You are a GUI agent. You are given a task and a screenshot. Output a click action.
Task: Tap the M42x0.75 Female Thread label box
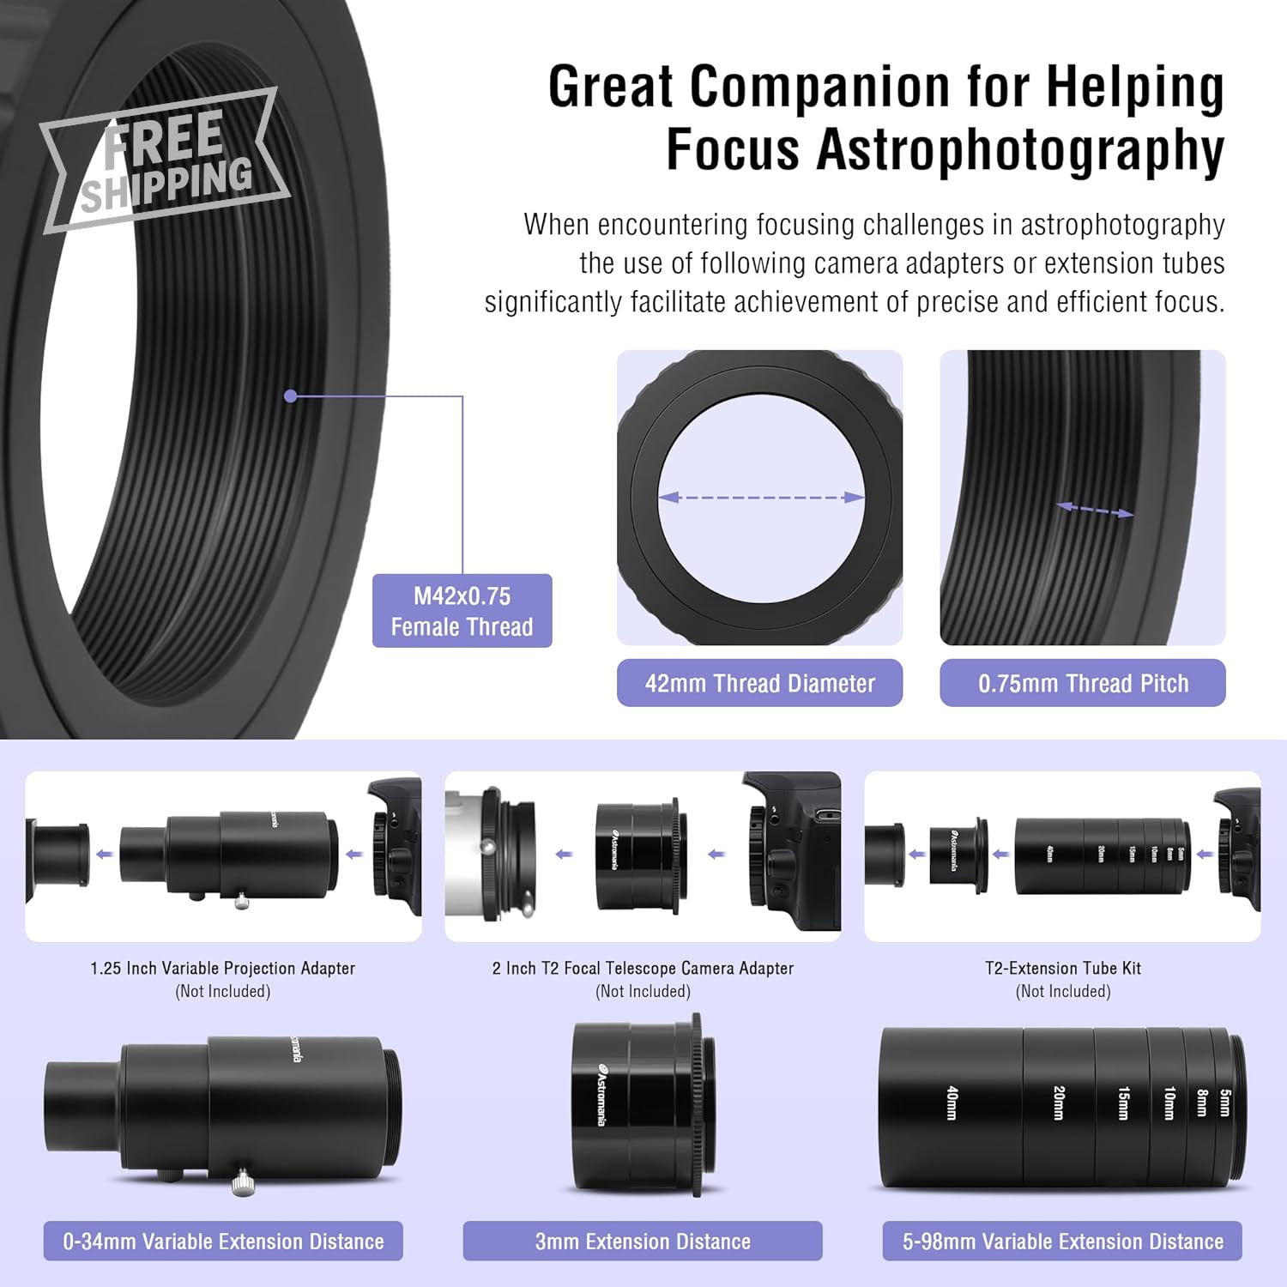(x=462, y=611)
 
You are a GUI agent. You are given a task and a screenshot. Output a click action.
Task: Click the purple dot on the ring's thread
(x=290, y=396)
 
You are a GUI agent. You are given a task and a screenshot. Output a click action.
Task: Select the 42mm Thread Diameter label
(x=759, y=683)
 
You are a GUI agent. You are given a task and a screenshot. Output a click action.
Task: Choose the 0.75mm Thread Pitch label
(x=1083, y=683)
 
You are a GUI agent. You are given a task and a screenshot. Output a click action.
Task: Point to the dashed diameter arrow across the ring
(x=760, y=498)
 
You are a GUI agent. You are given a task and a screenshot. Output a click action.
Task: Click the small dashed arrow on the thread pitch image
(x=1095, y=510)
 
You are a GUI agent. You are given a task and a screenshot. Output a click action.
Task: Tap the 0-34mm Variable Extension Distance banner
(x=223, y=1241)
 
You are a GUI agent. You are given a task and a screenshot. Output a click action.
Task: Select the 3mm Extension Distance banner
(x=643, y=1241)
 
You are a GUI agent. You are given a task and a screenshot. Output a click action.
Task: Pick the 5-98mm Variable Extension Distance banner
(x=1062, y=1241)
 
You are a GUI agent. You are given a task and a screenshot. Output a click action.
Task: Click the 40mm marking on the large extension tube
(x=952, y=1103)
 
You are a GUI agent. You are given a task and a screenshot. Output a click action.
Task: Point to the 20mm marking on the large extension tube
(x=1059, y=1103)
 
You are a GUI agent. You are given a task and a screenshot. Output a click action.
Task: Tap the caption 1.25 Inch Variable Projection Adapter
(x=223, y=968)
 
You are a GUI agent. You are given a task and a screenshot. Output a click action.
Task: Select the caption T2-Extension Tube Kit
(x=1063, y=968)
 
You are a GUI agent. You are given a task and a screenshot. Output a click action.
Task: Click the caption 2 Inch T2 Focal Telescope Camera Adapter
(x=643, y=968)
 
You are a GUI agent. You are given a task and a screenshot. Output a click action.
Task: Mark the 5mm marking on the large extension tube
(x=1225, y=1103)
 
